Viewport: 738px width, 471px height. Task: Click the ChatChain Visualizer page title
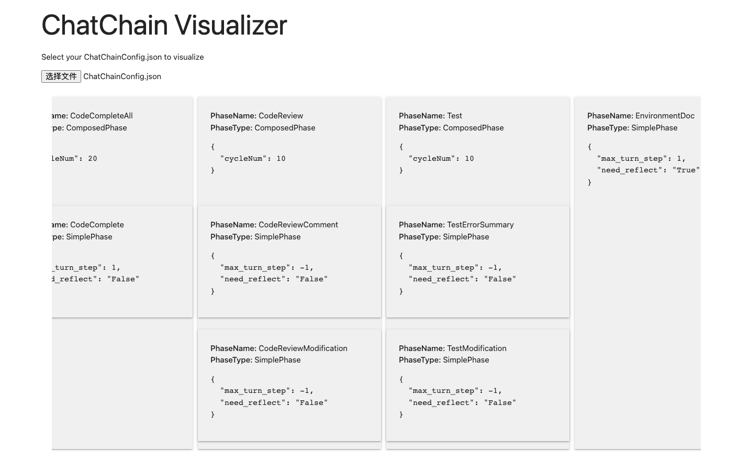164,25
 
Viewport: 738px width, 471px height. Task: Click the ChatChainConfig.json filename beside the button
122,76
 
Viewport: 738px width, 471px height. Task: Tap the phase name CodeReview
281,116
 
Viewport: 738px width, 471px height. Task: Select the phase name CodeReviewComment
298,225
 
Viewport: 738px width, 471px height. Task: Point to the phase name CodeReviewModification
303,348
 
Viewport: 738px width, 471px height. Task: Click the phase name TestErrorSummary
480,225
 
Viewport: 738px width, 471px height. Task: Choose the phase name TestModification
476,348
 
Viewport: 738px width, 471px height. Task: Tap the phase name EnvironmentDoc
665,116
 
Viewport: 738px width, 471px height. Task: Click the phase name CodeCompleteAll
101,116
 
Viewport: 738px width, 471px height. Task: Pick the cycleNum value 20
93,159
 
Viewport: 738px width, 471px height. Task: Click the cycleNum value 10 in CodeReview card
281,159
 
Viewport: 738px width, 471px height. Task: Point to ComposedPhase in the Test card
473,128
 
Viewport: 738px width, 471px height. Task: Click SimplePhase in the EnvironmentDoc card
654,128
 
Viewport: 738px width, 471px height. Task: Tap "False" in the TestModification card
500,403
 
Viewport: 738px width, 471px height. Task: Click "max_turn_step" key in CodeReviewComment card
255,268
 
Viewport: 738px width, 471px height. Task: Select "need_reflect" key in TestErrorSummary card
443,279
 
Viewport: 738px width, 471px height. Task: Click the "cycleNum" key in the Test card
432,159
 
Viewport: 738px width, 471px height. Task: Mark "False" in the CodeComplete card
123,279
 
